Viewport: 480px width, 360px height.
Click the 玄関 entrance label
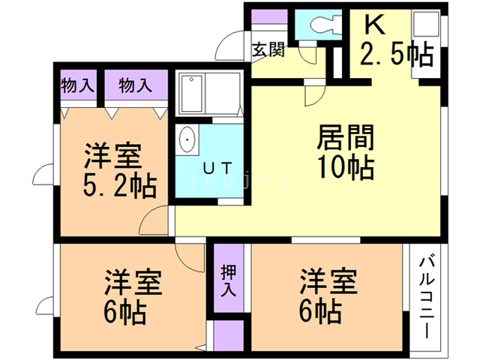[x=268, y=50]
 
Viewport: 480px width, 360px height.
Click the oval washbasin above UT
[x=187, y=140]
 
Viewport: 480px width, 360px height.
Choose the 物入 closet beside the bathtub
[x=135, y=85]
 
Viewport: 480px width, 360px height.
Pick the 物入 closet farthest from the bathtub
[x=77, y=85]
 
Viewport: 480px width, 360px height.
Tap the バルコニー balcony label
[x=427, y=297]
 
